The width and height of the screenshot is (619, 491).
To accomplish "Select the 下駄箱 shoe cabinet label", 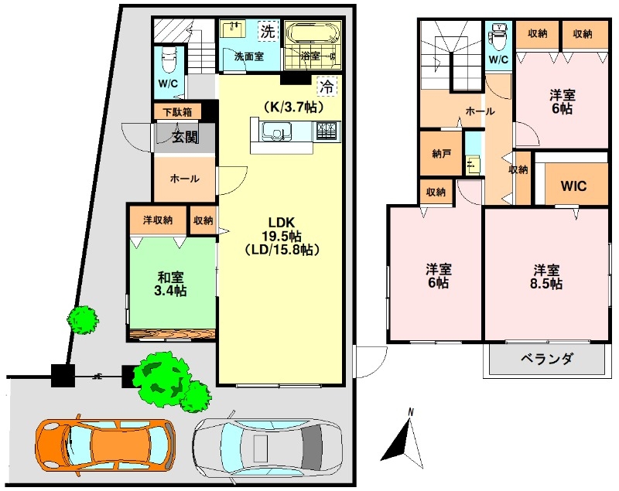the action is point(177,112).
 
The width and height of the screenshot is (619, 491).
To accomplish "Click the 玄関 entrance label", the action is point(185,137).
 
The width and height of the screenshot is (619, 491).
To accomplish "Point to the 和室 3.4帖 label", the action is point(170,284).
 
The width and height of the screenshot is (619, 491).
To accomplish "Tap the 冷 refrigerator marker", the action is point(327,87).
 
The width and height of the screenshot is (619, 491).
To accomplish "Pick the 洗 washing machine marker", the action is point(268,31).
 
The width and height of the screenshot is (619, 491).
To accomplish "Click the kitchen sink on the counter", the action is point(277,131).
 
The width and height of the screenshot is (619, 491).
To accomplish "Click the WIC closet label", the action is point(573,186).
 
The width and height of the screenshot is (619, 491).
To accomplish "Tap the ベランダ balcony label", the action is point(546,360).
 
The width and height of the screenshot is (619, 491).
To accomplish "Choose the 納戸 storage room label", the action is point(441,153).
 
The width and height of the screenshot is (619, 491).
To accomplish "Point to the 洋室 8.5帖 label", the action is point(546,277).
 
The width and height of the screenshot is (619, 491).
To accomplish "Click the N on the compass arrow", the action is point(411,413).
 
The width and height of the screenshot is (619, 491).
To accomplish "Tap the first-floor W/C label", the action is point(168,84).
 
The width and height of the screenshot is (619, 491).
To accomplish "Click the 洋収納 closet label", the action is point(158,220).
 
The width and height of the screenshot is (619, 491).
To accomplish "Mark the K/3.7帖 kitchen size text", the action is point(294,107).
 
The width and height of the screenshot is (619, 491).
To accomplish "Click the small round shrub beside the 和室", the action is point(83,320).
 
